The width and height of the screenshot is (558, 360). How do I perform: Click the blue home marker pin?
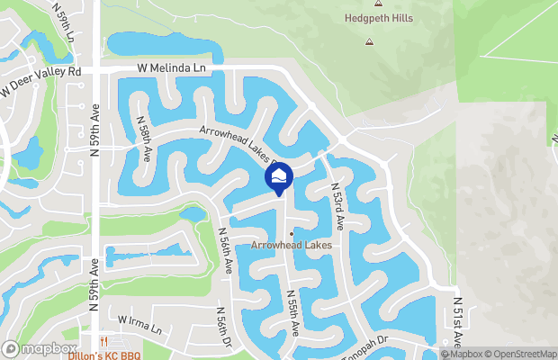[279, 176]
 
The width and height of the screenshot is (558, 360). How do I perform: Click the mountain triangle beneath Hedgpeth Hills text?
[368, 41]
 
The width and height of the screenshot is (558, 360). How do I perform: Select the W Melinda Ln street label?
[172, 68]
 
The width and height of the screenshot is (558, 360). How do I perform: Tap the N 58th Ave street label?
[144, 138]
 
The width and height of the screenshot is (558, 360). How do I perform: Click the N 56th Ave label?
[227, 250]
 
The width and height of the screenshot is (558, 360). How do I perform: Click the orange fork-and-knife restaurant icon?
[104, 341]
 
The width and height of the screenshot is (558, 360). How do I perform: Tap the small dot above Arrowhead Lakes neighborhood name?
[291, 234]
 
